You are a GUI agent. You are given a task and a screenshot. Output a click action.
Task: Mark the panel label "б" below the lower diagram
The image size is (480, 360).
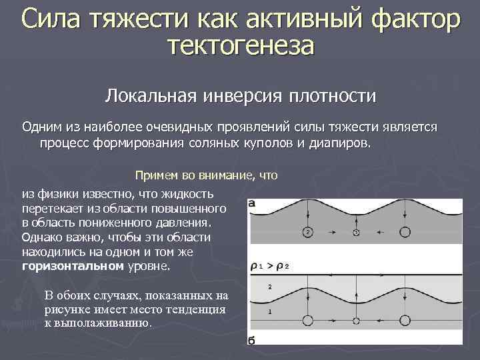point(253,341)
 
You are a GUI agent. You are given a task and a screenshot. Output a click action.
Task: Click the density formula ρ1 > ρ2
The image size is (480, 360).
point(269,266)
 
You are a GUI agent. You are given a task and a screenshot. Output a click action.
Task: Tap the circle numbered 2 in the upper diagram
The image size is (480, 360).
point(307,232)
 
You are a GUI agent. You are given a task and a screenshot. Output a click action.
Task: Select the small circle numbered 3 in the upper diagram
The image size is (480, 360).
point(356,232)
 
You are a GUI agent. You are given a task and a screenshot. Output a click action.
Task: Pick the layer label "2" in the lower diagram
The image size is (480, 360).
point(269,287)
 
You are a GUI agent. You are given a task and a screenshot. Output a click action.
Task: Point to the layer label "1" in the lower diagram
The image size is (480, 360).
point(269,311)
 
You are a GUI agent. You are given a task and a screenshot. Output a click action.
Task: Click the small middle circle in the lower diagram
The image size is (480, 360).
point(356,321)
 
